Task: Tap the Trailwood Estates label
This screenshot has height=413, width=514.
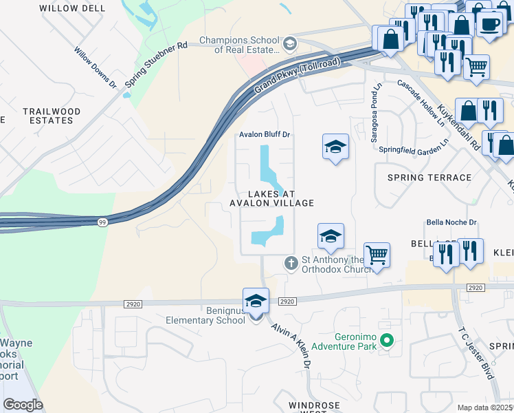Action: (x=51, y=116)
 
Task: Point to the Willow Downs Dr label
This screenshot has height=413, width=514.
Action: (x=96, y=67)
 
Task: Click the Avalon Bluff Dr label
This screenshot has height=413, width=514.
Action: (x=266, y=135)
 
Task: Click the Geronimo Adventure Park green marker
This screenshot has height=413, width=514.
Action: (x=387, y=340)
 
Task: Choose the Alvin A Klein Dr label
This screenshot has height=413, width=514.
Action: (x=291, y=345)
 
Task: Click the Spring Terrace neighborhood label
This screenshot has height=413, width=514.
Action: (x=429, y=178)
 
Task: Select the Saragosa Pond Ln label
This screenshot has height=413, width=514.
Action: (x=377, y=114)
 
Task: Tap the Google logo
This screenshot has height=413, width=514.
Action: (x=23, y=405)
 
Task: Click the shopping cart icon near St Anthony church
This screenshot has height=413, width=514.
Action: (x=377, y=255)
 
